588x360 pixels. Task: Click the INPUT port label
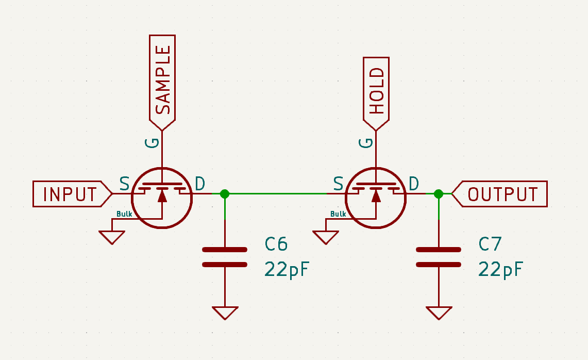pyautogui.click(x=70, y=194)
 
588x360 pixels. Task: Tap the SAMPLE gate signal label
pyautogui.click(x=163, y=80)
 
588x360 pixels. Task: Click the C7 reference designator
pyautogui.click(x=490, y=244)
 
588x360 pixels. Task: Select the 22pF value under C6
pyautogui.click(x=288, y=269)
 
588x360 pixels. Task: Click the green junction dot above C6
pyautogui.click(x=225, y=194)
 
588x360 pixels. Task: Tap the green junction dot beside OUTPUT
pyautogui.click(x=439, y=194)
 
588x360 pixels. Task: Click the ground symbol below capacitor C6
pyautogui.click(x=225, y=313)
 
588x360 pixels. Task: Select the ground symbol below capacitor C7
pyautogui.click(x=439, y=313)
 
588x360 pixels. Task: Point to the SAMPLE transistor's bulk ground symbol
pyautogui.click(x=112, y=237)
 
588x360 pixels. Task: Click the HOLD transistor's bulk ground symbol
pyautogui.click(x=326, y=237)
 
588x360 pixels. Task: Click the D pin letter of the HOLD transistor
pyautogui.click(x=413, y=183)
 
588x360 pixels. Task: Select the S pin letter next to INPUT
pyautogui.click(x=124, y=183)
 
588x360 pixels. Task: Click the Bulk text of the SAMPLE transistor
pyautogui.click(x=124, y=214)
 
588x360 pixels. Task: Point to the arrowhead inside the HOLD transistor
pyautogui.click(x=376, y=195)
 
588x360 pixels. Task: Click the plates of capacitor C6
pyautogui.click(x=225, y=257)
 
